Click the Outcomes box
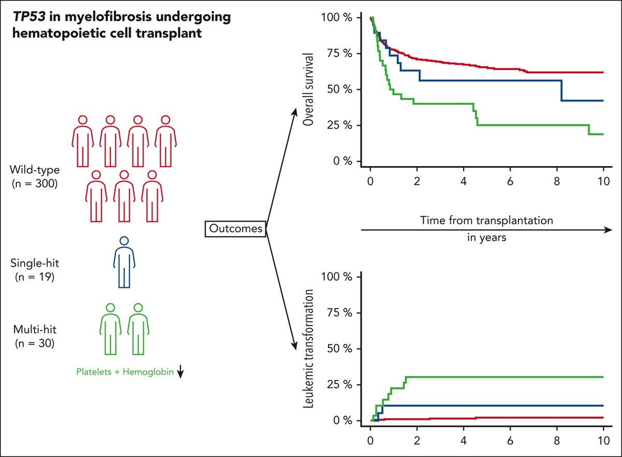click(x=236, y=228)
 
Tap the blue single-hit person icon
click(x=123, y=262)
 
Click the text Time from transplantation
click(x=487, y=220)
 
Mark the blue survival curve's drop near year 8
click(x=561, y=90)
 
